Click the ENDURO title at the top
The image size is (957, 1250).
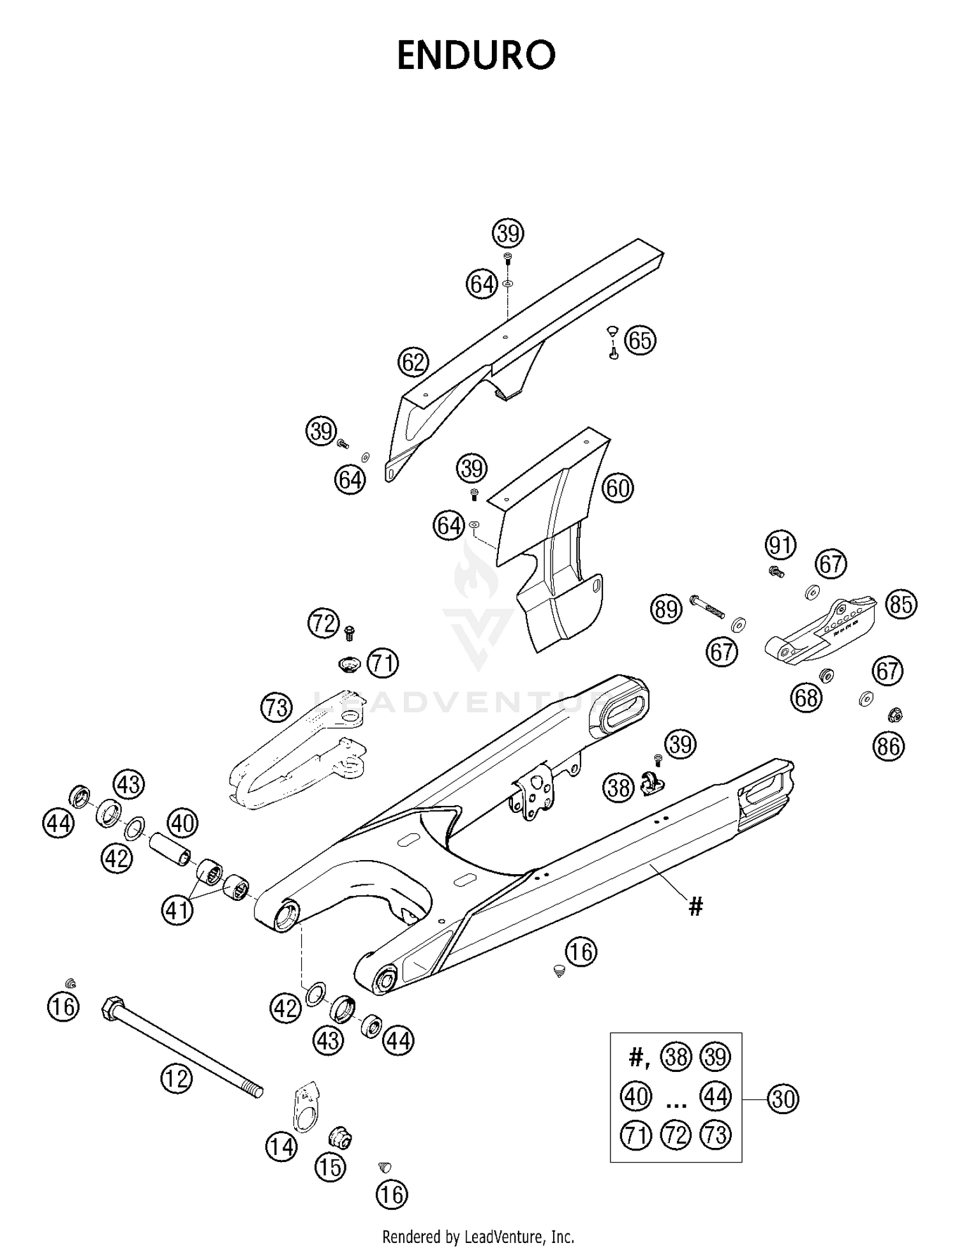click(x=476, y=56)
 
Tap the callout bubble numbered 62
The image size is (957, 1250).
click(x=413, y=362)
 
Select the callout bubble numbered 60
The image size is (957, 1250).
click(x=618, y=488)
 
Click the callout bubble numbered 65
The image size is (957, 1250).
click(x=640, y=340)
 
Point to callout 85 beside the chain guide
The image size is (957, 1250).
click(x=901, y=604)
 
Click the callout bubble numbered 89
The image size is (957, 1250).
click(x=666, y=609)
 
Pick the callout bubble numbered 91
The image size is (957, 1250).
click(x=780, y=546)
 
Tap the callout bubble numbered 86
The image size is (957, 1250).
click(x=888, y=745)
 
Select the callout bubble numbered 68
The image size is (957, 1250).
click(x=806, y=697)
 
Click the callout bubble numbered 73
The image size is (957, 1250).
click(x=277, y=708)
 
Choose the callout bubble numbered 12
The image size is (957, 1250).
click(x=176, y=1078)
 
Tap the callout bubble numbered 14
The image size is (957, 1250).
click(x=281, y=1147)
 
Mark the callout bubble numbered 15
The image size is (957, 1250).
click(x=330, y=1167)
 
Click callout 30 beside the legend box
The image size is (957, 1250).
click(x=783, y=1099)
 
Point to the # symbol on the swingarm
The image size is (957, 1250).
click(x=695, y=905)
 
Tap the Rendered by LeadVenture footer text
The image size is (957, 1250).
click(x=478, y=1236)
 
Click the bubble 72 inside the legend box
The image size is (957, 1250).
click(x=676, y=1135)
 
